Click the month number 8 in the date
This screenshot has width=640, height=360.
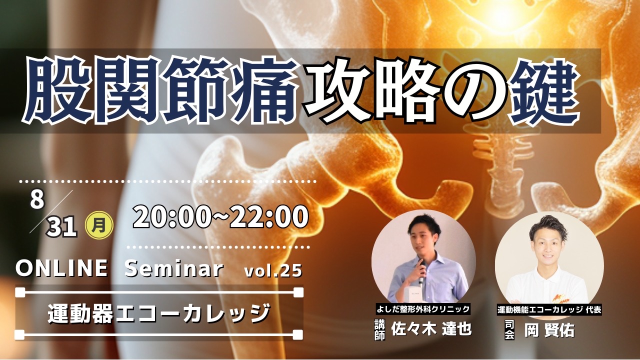[37, 199]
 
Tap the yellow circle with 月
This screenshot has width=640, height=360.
[99, 226]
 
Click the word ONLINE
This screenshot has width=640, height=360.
[61, 268]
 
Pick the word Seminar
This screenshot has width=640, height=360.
[173, 268]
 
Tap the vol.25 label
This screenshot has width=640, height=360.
[273, 270]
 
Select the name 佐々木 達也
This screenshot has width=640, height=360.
[431, 329]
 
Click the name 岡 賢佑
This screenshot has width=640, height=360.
[549, 330]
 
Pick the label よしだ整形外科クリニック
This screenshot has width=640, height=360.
[423, 309]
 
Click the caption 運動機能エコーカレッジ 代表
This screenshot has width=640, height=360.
[549, 310]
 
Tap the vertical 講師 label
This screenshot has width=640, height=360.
[379, 330]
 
